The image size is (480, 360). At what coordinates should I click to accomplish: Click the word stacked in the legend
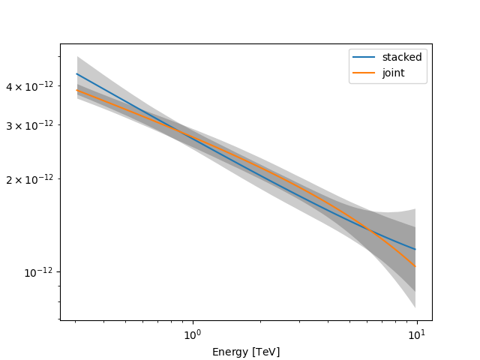[x=402, y=57]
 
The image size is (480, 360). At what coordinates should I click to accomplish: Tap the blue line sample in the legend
[x=365, y=57]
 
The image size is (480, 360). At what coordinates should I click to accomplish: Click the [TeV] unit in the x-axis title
[x=265, y=352]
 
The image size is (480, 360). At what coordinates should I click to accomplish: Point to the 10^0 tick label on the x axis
[x=193, y=333]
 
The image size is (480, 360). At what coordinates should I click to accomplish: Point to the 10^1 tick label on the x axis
[x=417, y=333]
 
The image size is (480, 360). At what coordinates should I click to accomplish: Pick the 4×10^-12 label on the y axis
[x=31, y=87]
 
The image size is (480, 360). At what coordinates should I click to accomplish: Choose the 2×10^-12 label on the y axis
[x=31, y=179]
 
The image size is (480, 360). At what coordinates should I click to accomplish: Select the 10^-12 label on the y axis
[x=39, y=271]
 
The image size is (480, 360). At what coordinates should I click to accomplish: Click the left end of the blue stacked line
[x=77, y=73]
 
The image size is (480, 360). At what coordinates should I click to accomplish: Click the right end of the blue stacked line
[x=415, y=249]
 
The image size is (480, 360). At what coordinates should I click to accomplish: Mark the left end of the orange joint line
[x=77, y=91]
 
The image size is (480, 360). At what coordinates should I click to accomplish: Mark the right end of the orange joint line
[x=415, y=266]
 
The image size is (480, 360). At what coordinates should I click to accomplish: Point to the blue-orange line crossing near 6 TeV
[x=370, y=229]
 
